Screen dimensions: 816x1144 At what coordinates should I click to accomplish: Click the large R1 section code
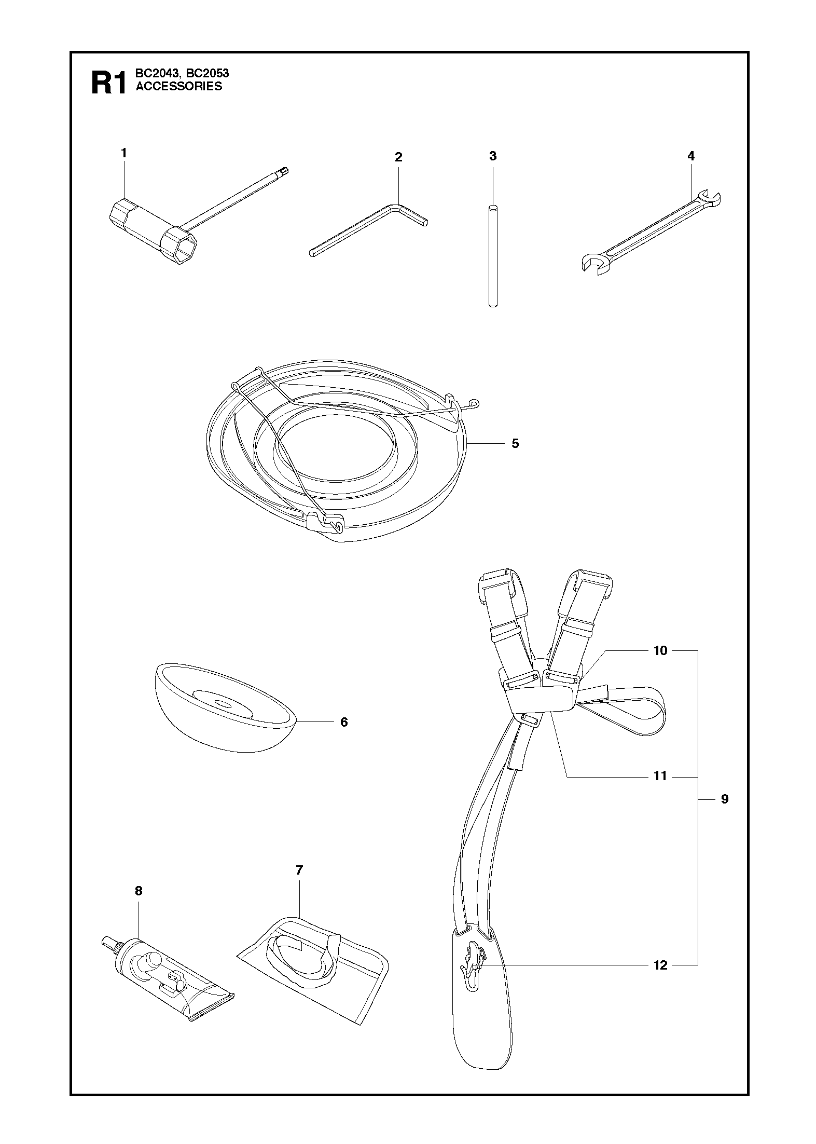click(x=108, y=83)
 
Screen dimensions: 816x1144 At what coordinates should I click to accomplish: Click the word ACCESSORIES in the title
click(x=179, y=87)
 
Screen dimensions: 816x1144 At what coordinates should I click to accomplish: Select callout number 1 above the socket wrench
click(x=124, y=153)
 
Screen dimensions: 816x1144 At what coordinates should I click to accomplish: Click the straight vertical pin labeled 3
click(x=493, y=257)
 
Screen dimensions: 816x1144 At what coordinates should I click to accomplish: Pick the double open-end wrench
click(x=651, y=232)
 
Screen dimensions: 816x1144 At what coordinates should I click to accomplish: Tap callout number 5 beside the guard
click(x=515, y=443)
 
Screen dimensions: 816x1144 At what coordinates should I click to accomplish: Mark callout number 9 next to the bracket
click(x=725, y=799)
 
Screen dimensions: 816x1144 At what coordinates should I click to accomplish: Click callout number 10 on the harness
click(x=660, y=650)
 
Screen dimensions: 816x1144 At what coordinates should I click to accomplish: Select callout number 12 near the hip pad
click(x=660, y=965)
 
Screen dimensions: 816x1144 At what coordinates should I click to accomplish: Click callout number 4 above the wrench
click(x=690, y=156)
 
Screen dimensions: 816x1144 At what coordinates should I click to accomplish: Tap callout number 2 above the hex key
click(x=398, y=157)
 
